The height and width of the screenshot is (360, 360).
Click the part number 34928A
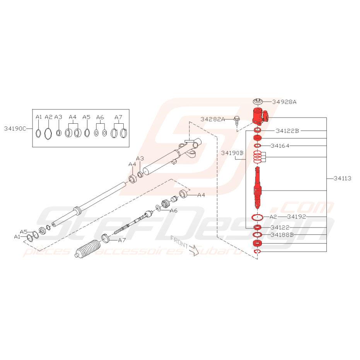[x=284, y=102]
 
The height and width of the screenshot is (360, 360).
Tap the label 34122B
[x=287, y=131]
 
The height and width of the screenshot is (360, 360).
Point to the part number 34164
[x=280, y=146]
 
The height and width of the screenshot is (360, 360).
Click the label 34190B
[x=232, y=153]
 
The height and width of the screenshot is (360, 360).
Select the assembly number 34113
[x=342, y=178]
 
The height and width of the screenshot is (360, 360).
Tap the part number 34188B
[x=282, y=235]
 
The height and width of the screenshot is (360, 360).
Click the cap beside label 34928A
[x=258, y=102]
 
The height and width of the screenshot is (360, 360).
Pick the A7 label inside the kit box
[x=118, y=117]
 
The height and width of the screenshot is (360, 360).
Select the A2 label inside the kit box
[x=48, y=117]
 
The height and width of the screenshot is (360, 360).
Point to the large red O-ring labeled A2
[x=258, y=217]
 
